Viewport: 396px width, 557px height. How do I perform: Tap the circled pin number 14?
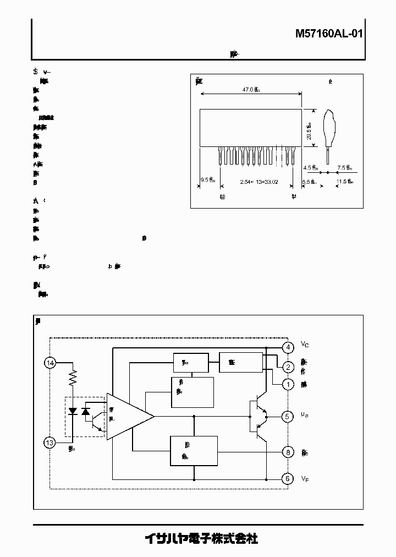(x=51, y=363)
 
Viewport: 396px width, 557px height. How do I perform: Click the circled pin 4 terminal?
(x=287, y=347)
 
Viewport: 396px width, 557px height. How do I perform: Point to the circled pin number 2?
(x=287, y=367)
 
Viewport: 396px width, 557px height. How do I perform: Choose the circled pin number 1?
(x=287, y=384)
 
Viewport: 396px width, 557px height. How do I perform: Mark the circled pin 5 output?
(x=287, y=416)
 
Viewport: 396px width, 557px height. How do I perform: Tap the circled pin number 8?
(x=287, y=452)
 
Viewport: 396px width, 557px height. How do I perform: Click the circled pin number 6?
(x=287, y=479)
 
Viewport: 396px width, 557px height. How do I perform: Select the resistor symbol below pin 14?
(x=72, y=379)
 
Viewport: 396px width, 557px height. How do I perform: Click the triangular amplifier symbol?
(x=127, y=416)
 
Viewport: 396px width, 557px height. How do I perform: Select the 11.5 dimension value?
(x=344, y=181)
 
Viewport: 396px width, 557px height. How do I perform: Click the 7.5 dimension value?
(x=344, y=168)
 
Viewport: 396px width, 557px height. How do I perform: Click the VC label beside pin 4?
(x=305, y=345)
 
